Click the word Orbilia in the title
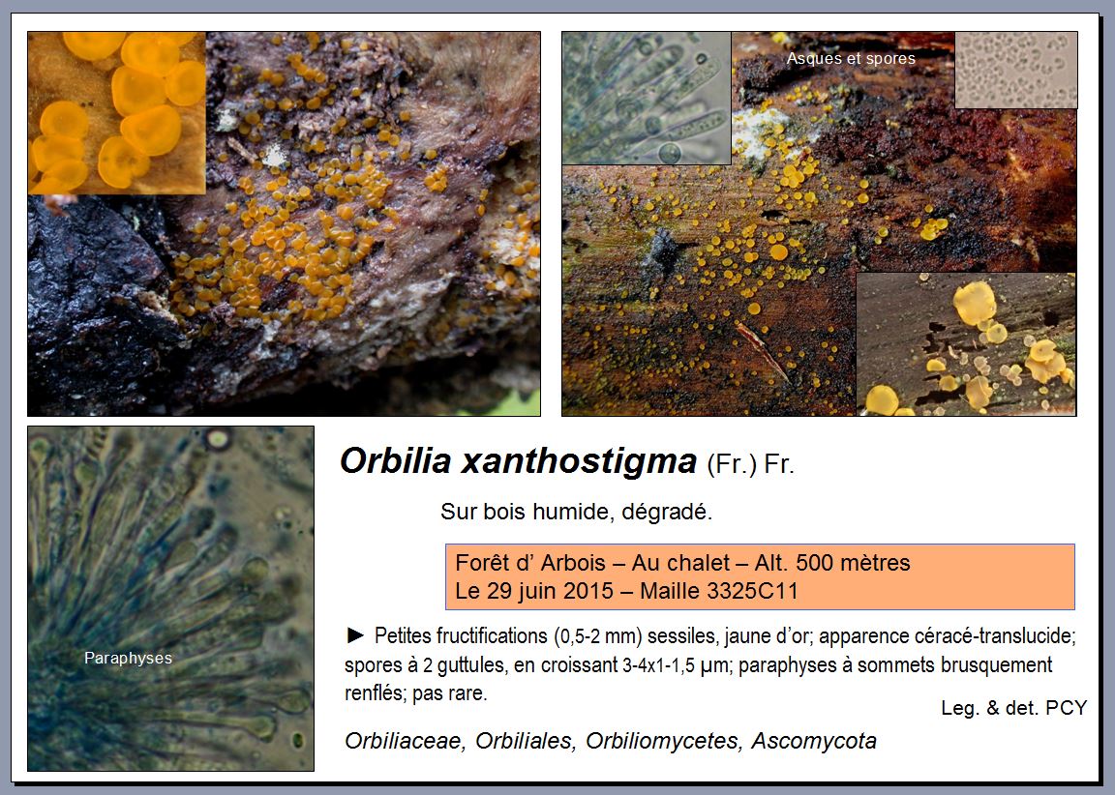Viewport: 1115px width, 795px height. point(395,460)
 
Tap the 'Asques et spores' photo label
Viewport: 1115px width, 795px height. point(851,58)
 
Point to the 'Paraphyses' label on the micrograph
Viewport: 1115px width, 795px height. point(128,658)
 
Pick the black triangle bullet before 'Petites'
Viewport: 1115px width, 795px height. point(355,635)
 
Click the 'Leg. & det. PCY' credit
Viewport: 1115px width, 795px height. point(1013,708)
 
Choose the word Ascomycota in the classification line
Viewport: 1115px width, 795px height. point(813,740)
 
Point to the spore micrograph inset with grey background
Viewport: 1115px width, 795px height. point(1015,70)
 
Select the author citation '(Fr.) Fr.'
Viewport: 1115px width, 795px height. point(750,464)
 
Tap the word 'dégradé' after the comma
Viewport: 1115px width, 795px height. point(667,512)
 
